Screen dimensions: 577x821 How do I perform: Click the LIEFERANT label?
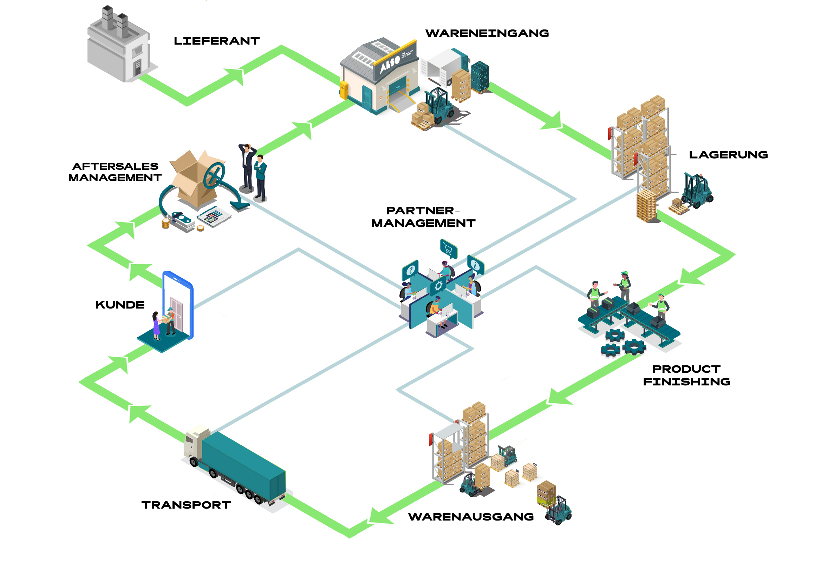click(217, 41)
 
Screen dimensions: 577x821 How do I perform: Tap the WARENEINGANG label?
click(487, 33)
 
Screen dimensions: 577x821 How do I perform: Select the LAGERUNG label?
click(728, 155)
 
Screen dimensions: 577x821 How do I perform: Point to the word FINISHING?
click(686, 382)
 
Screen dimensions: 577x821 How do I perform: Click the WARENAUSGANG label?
click(471, 517)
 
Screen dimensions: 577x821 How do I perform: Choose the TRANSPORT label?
click(186, 505)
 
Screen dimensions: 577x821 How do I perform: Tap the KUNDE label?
click(120, 305)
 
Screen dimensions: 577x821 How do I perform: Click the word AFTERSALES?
click(115, 166)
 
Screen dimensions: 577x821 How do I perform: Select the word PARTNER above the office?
click(420, 211)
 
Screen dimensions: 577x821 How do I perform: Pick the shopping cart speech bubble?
click(448, 248)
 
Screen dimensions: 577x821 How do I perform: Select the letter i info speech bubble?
click(475, 265)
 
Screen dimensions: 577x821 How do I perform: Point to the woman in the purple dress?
click(156, 325)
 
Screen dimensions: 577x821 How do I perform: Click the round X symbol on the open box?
click(214, 175)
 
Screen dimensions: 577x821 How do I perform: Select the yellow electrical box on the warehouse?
click(344, 90)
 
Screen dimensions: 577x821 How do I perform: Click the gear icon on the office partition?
click(438, 285)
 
